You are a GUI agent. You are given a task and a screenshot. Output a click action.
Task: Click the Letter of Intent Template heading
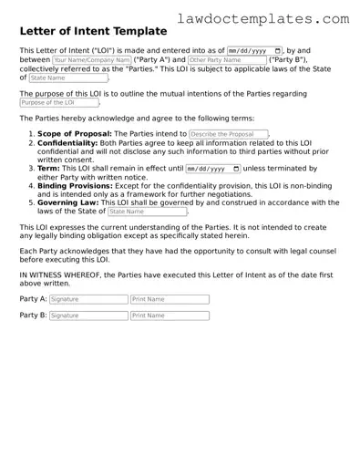(x=93, y=31)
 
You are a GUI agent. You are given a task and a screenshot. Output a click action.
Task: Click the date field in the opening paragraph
(x=252, y=50)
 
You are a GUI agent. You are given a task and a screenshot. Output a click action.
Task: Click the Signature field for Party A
(x=88, y=299)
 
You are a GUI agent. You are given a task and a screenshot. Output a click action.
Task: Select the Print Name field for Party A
(x=170, y=299)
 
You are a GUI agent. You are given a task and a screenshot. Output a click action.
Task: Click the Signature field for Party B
(x=88, y=316)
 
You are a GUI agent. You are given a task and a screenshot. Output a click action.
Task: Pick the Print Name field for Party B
(x=170, y=316)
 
